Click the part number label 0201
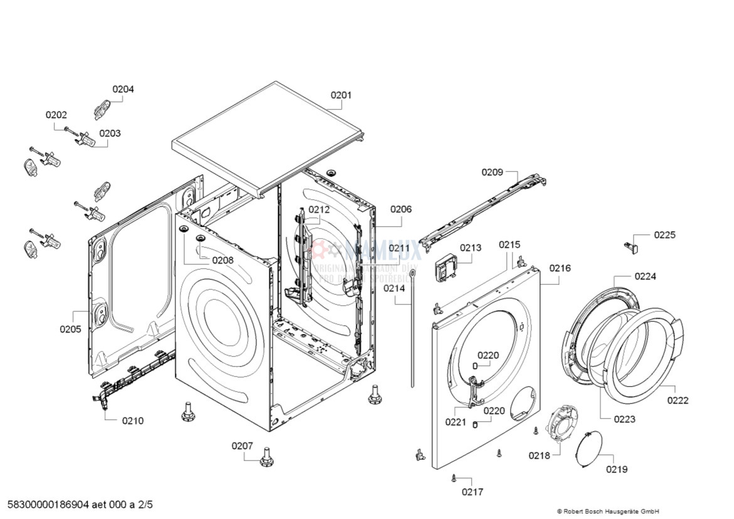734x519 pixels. click(x=341, y=95)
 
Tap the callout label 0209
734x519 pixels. click(x=492, y=172)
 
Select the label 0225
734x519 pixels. click(x=664, y=235)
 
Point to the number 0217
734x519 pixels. click(x=472, y=491)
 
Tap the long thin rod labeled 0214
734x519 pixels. click(x=412, y=326)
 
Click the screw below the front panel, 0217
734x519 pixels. click(x=453, y=478)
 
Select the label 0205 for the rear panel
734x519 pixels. click(x=70, y=328)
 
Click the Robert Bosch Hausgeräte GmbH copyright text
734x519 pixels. click(x=608, y=511)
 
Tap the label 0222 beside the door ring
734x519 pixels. click(x=678, y=401)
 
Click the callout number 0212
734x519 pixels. click(x=319, y=209)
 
